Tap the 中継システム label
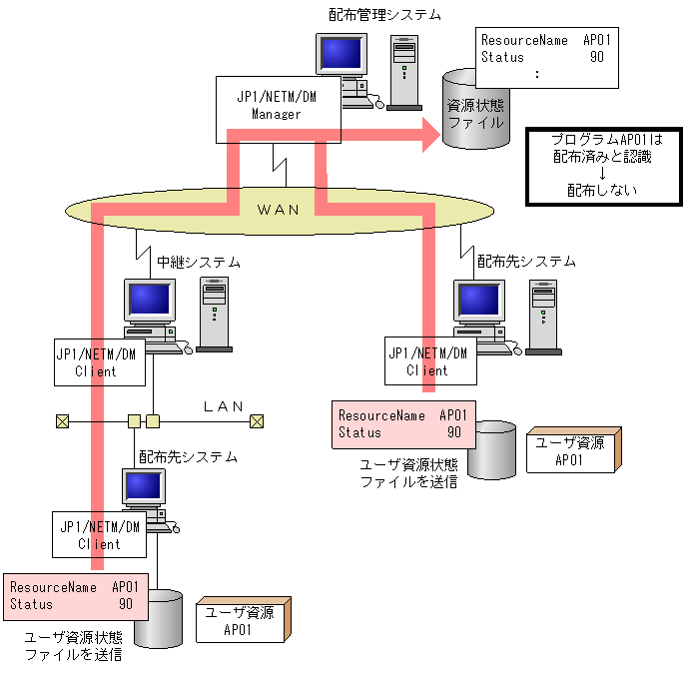pos(199,263)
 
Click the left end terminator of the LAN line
pos(63,420)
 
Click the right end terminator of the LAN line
pos(257,420)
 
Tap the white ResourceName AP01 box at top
pos(550,57)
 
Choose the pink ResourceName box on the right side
pos(404,424)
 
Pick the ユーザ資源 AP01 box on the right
pos(568,451)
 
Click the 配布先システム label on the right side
pos(526,262)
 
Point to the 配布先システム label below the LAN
pos(188,456)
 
